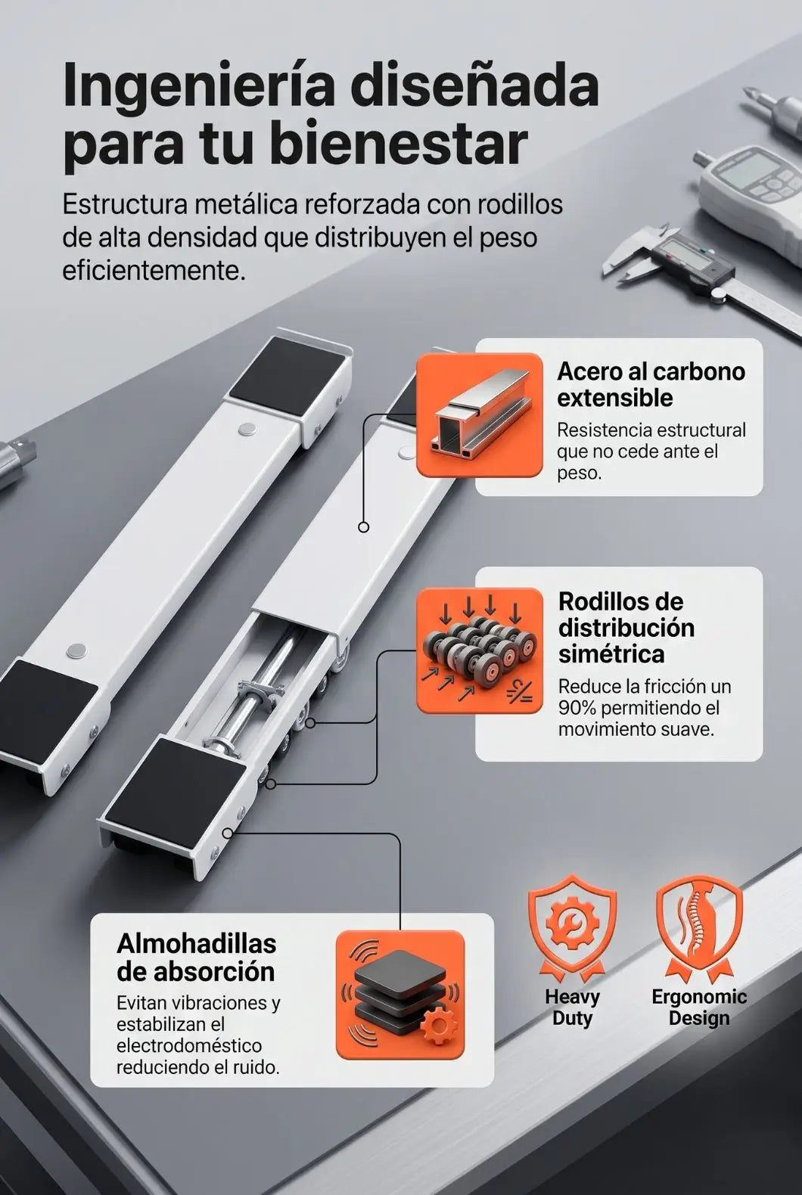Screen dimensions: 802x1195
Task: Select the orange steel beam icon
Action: point(479,414)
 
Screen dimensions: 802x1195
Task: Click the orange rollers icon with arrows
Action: point(479,650)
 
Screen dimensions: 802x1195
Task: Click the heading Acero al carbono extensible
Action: point(651,385)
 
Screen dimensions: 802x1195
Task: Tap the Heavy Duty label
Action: point(573,1007)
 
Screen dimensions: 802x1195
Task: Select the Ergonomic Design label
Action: point(699,1007)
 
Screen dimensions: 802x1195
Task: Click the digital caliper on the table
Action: point(704,267)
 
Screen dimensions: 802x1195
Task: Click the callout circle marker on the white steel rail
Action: point(363,527)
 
